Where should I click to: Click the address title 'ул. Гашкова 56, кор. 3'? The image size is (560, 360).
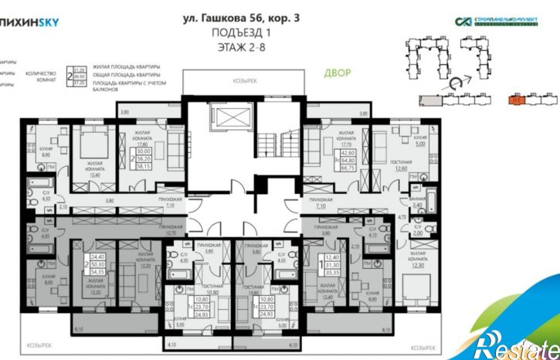pyautogui.click(x=242, y=17)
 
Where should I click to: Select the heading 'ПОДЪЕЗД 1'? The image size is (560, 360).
pyautogui.click(x=242, y=33)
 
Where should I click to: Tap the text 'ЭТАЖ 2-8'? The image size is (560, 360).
pyautogui.click(x=242, y=48)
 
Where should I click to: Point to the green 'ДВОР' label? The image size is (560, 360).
pyautogui.click(x=337, y=73)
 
